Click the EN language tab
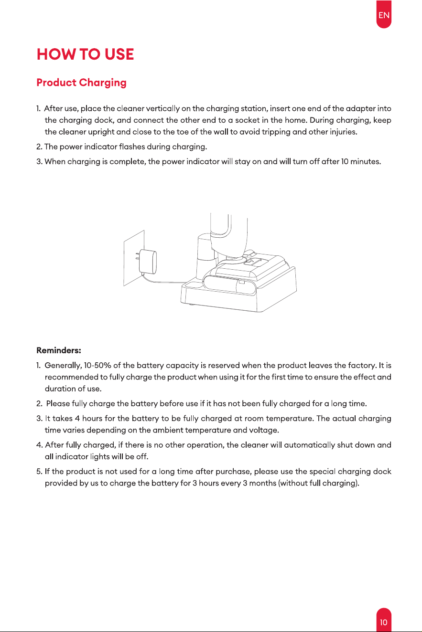(x=384, y=14)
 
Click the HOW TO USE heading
(x=85, y=54)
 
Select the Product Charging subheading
(x=81, y=83)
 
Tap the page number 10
(x=384, y=622)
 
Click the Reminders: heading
(x=59, y=350)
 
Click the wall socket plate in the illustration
(x=134, y=258)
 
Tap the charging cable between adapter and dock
(x=164, y=281)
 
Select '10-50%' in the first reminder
(x=97, y=365)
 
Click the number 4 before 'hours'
(x=77, y=419)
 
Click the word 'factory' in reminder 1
(x=362, y=366)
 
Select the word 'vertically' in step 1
(x=162, y=109)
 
